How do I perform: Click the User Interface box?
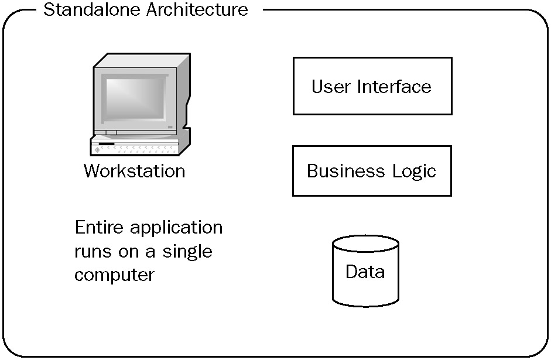372,85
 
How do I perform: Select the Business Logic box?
372,170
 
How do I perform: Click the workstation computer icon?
141,105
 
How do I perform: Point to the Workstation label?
134,171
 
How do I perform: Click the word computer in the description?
114,275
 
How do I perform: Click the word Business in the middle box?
344,171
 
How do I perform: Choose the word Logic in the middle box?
413,172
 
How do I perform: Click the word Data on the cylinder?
365,272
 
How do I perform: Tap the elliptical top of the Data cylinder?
365,245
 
